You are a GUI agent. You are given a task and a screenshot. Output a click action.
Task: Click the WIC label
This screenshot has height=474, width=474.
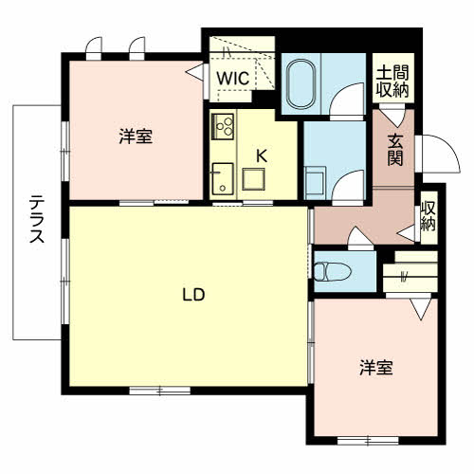(x=233, y=78)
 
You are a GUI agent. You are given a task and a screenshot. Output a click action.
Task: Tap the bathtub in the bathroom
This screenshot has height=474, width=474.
(x=301, y=83)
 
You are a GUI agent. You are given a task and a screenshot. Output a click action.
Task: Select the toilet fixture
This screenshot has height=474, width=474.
(x=333, y=272)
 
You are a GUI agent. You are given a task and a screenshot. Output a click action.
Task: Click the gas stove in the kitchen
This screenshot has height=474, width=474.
(x=223, y=126)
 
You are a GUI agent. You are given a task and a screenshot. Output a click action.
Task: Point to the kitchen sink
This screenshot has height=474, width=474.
(x=223, y=179)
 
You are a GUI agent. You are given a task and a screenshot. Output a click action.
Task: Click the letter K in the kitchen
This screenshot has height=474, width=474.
(x=262, y=155)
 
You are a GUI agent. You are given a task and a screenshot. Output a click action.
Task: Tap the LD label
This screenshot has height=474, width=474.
(x=193, y=295)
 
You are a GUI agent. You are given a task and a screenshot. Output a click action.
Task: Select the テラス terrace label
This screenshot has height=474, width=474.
(x=37, y=219)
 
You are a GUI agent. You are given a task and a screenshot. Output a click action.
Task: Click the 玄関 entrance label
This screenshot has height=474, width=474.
(x=395, y=150)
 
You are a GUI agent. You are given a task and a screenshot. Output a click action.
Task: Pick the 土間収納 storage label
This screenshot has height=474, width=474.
(x=392, y=82)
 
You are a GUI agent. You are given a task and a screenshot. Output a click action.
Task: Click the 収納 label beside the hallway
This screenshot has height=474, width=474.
(x=428, y=216)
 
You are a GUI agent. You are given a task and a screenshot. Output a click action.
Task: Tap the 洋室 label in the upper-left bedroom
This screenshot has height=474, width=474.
(x=136, y=137)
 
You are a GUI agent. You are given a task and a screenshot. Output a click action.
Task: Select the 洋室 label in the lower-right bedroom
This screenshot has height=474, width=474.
(x=376, y=368)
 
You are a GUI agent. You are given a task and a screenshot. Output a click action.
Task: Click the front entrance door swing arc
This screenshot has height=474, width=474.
(x=449, y=144)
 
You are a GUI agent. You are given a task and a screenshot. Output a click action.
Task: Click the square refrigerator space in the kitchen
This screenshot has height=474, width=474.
(x=253, y=179)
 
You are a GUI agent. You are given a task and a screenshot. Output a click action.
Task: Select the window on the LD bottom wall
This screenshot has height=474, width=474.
(x=160, y=391)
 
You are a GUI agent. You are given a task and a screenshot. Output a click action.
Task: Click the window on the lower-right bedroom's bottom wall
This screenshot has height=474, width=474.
(x=368, y=440)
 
